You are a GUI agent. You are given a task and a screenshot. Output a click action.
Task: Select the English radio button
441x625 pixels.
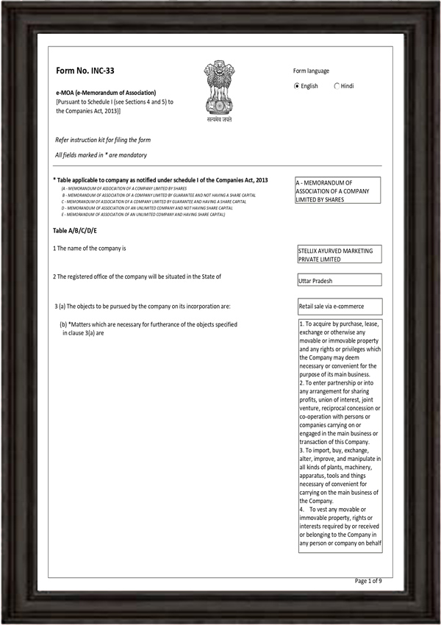coord(297,86)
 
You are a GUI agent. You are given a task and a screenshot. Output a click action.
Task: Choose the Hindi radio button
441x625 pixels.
coord(337,86)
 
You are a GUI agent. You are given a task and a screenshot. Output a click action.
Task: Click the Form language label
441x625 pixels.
coord(311,71)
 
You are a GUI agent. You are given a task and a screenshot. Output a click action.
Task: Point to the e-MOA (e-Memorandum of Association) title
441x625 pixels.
coord(106,92)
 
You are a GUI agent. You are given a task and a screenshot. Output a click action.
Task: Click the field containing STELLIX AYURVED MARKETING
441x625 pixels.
coord(339,254)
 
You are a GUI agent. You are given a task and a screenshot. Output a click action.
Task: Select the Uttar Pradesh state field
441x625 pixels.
coord(339,281)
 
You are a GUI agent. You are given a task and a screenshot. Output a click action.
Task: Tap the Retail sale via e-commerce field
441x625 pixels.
coord(339,307)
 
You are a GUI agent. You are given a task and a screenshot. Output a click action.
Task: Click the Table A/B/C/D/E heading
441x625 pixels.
coord(74,231)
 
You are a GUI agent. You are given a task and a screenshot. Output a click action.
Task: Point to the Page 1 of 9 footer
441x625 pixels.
coord(368,581)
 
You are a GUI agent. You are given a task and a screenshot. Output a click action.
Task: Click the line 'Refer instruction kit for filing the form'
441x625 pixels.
coord(103,140)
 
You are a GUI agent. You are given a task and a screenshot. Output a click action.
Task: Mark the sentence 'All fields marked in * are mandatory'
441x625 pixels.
coord(101,155)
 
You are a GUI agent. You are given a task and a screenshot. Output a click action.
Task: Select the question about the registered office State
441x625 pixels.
coord(137,276)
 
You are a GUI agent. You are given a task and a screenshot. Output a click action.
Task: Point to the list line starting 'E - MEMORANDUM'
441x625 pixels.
coord(143,214)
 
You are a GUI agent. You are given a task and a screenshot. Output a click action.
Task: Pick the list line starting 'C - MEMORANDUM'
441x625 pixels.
coord(153,201)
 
